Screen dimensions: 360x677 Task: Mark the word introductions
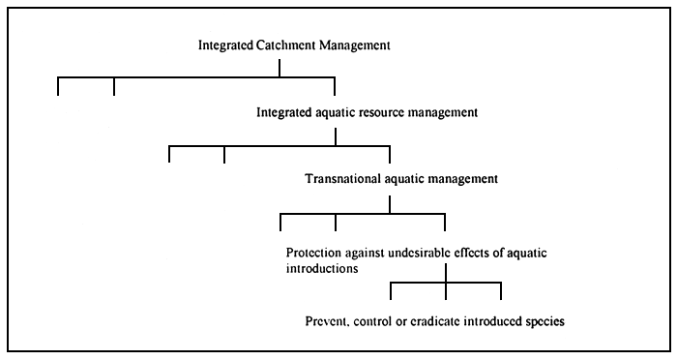(321, 270)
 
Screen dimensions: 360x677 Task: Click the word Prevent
(328, 319)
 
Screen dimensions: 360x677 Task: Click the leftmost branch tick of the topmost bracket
(59, 86)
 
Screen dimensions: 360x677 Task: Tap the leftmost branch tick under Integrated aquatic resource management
(169, 154)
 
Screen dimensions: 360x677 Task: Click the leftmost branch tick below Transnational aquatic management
(280, 222)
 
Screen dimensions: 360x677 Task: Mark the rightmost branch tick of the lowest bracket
(501, 290)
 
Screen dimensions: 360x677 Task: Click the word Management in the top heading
(343, 45)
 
